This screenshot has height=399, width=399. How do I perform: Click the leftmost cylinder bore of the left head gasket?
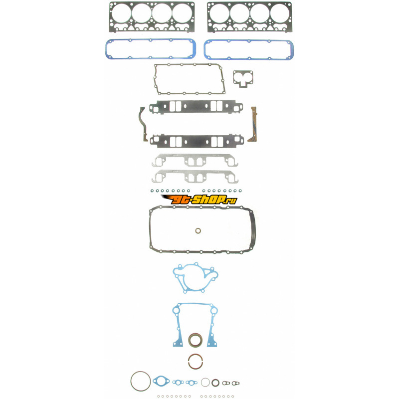(121, 13)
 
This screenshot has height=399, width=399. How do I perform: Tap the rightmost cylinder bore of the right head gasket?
(280, 13)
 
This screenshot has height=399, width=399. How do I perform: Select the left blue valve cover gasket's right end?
(193, 48)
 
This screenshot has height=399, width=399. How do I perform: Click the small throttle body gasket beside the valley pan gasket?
(243, 79)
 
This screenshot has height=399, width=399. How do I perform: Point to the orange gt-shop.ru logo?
(199, 199)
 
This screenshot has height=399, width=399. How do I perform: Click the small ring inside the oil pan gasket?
(198, 231)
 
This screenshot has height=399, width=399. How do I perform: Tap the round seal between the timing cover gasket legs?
(196, 340)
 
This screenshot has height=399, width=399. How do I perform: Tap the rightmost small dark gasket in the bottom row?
(235, 383)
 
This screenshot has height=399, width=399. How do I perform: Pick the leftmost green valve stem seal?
(152, 191)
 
